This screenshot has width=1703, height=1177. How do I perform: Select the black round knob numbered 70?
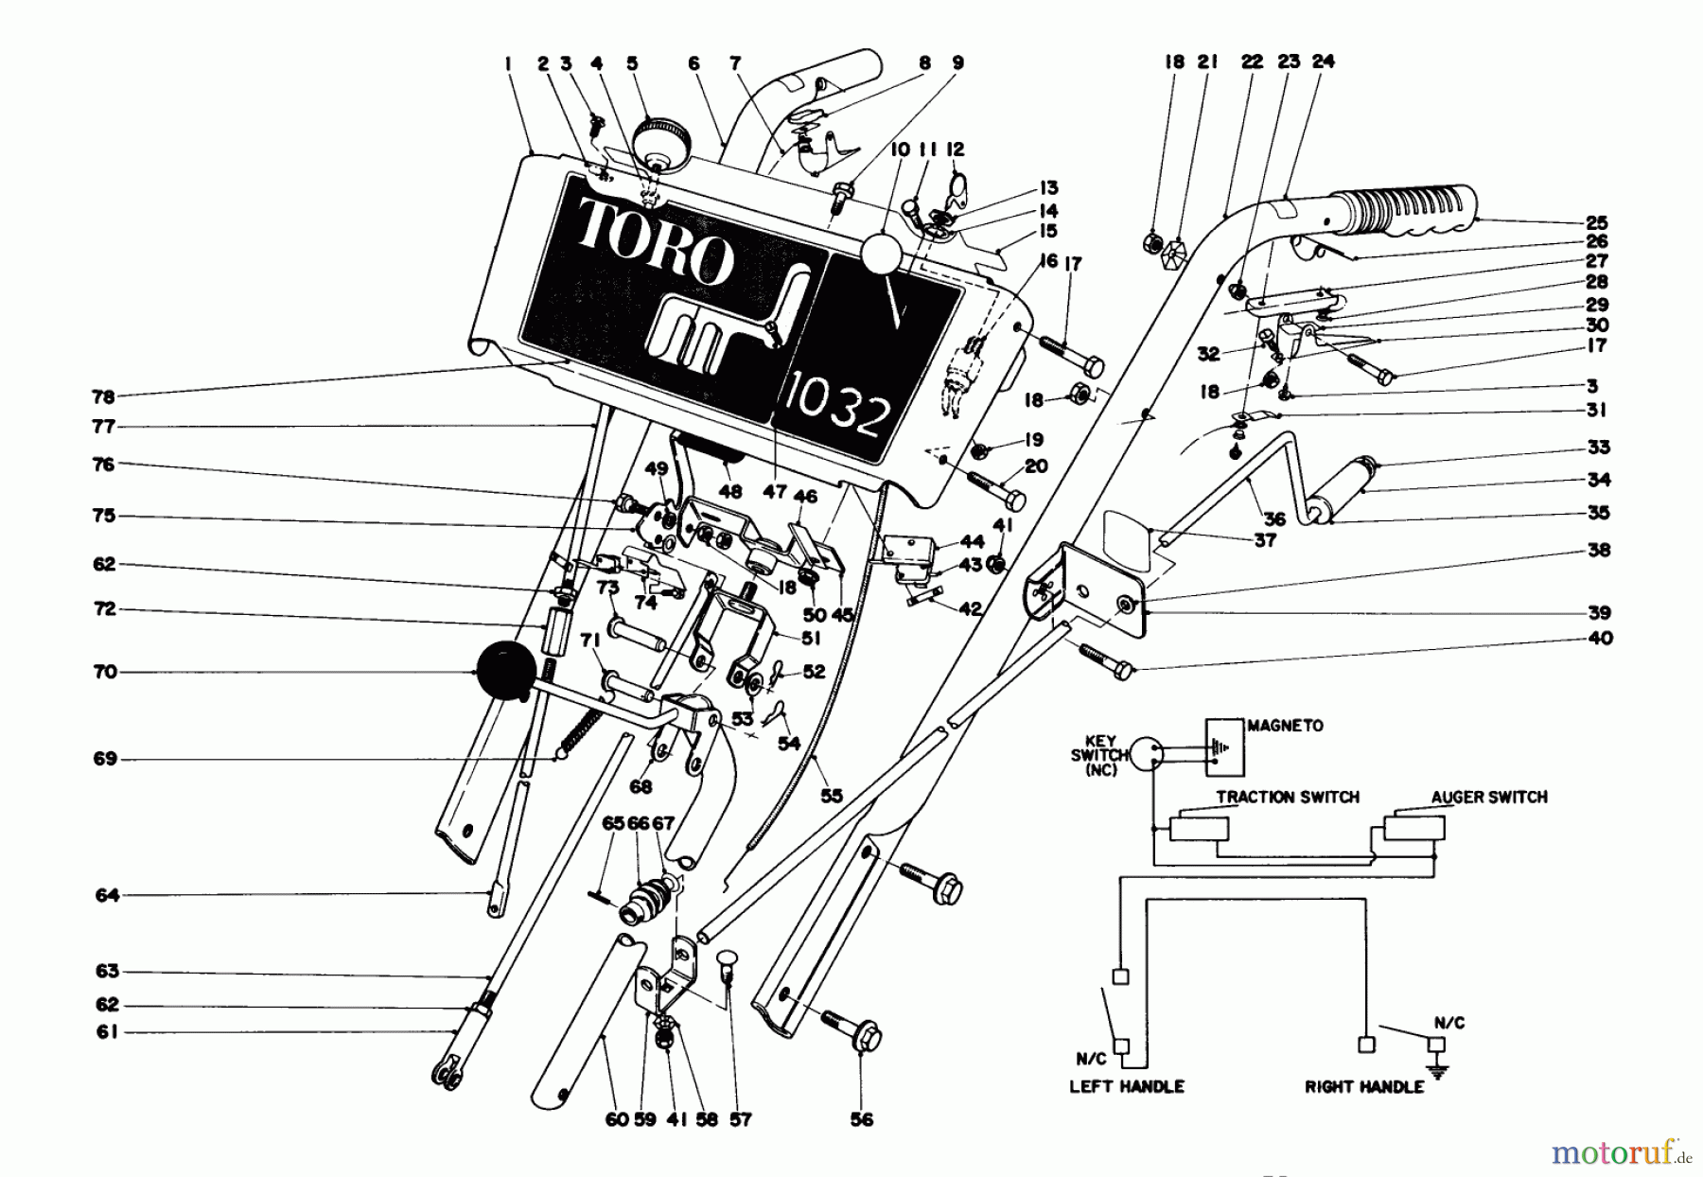[504, 671]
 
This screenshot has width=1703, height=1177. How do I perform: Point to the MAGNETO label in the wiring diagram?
[1285, 726]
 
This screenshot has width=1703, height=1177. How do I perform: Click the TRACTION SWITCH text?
[1287, 797]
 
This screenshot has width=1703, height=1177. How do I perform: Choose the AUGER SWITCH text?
[1488, 797]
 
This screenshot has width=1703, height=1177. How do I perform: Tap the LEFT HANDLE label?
[1126, 1086]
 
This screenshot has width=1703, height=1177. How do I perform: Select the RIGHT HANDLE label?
[1363, 1086]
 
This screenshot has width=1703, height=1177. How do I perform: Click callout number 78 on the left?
[103, 396]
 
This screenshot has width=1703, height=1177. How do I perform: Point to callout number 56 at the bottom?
[861, 1119]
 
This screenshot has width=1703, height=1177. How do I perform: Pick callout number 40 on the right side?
[1598, 638]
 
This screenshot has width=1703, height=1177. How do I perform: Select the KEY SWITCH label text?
[1099, 754]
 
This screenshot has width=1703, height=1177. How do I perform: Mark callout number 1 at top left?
[508, 64]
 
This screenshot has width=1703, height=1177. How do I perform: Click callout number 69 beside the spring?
[105, 759]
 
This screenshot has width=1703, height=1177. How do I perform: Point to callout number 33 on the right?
[1598, 447]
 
